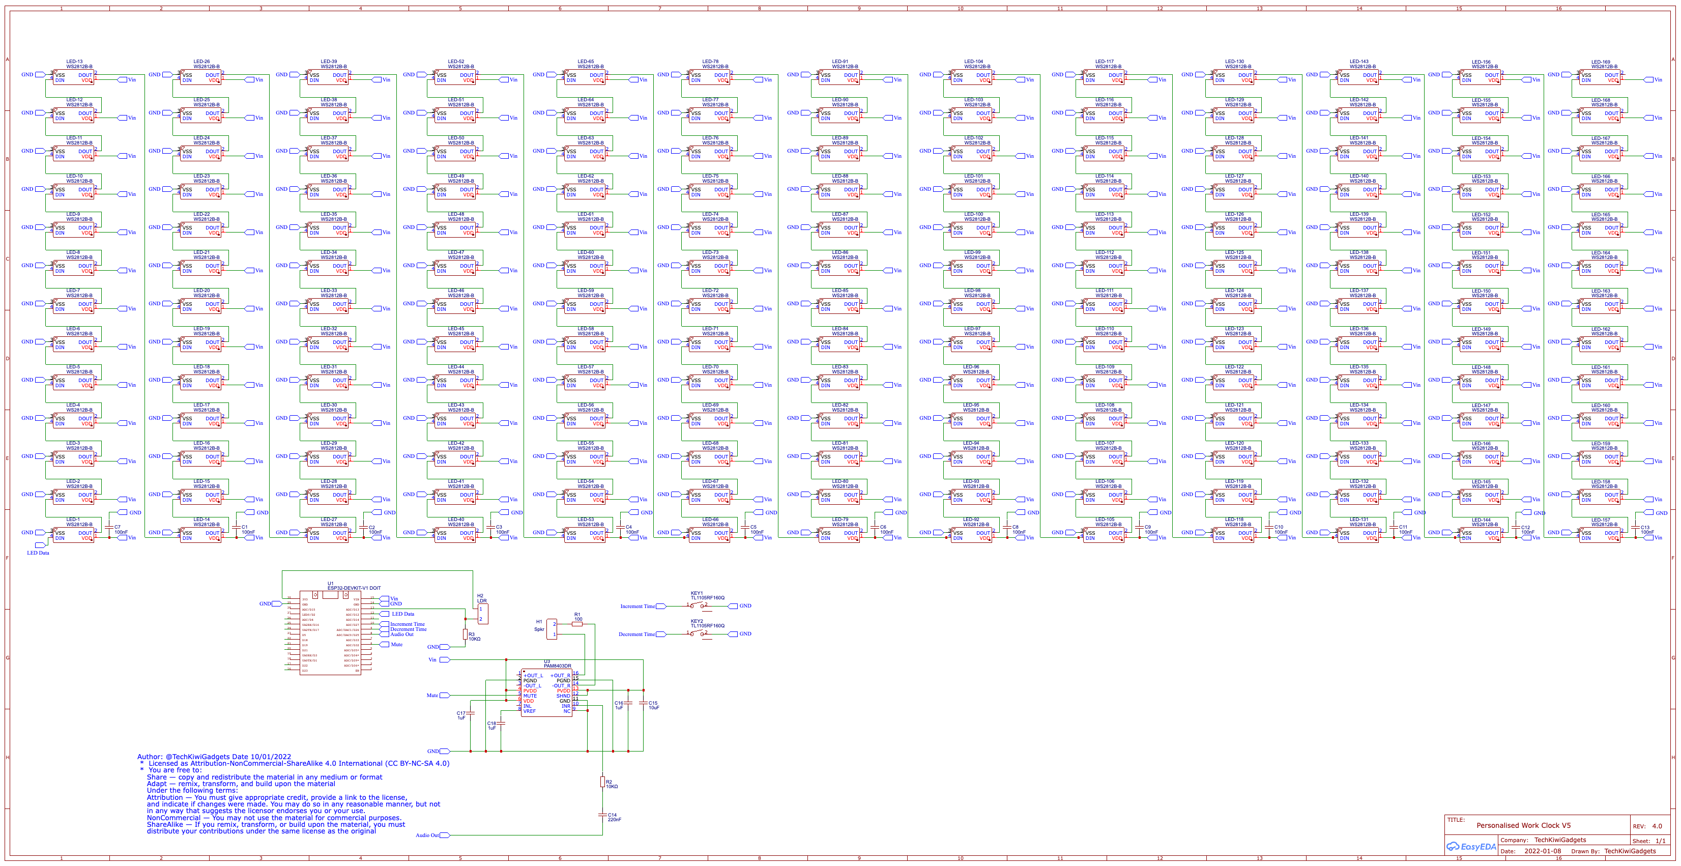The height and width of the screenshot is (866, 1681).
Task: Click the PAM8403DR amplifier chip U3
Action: (546, 693)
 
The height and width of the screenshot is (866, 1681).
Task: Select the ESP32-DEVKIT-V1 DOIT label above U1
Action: (354, 588)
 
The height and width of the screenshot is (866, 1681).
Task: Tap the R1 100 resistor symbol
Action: (577, 624)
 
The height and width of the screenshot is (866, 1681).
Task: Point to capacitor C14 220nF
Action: (602, 815)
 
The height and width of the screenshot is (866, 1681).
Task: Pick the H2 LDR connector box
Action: (483, 614)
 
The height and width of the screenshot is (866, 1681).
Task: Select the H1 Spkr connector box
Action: (552, 629)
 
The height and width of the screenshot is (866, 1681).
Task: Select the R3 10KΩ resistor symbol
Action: (465, 634)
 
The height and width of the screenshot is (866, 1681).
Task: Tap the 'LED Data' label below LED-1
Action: (38, 553)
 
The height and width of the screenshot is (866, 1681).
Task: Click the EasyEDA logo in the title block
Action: (1471, 847)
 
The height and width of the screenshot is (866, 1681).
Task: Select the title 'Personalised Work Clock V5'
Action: (1524, 825)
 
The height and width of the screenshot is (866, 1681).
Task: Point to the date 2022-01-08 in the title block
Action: (1543, 851)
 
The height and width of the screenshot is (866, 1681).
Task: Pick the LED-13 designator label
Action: (74, 62)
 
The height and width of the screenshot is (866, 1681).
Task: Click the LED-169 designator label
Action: (1600, 62)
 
